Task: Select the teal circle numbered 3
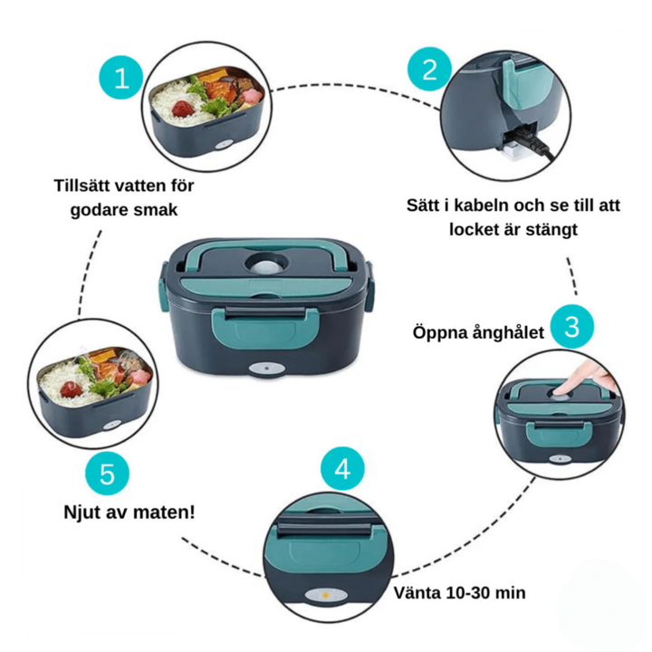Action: (x=571, y=326)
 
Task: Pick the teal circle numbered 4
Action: (x=342, y=470)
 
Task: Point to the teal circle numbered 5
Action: (x=107, y=475)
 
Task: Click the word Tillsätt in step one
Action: (x=83, y=186)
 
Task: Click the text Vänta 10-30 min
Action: (x=460, y=593)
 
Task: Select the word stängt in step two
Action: (x=548, y=229)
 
